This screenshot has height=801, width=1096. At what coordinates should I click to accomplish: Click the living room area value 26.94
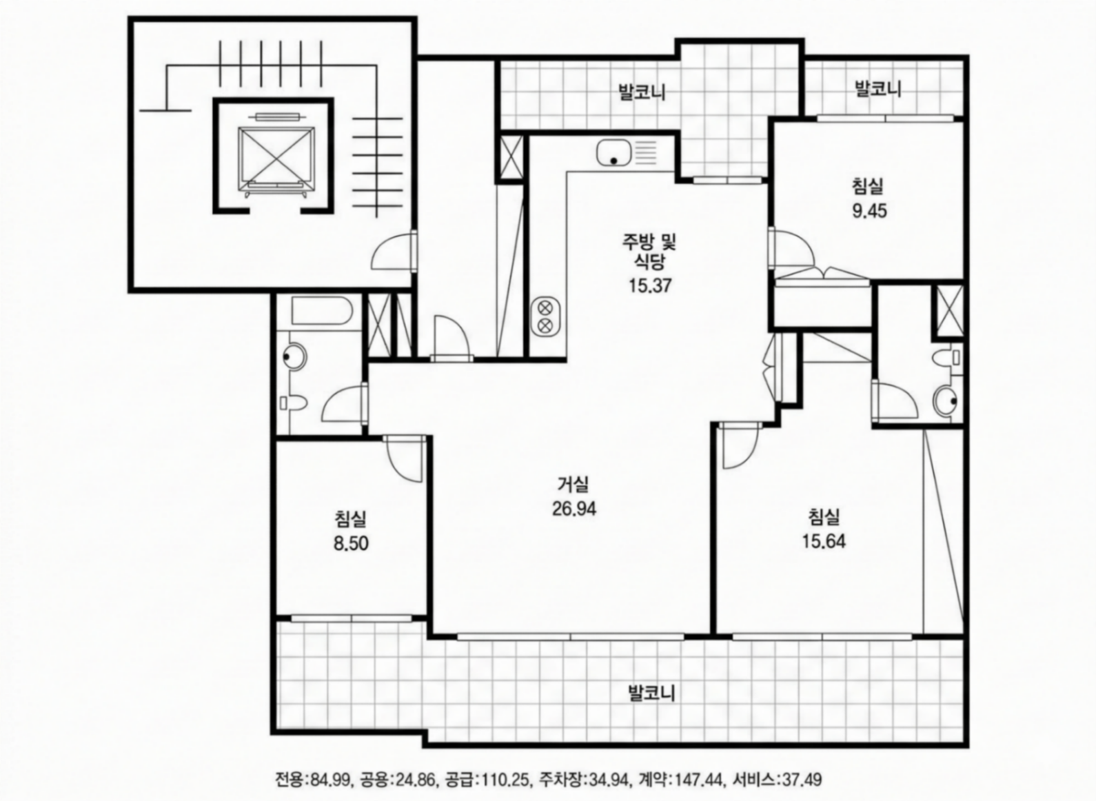[574, 509]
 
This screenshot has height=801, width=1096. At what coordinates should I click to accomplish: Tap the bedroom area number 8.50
[351, 544]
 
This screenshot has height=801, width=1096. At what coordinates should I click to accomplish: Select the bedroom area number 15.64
[824, 541]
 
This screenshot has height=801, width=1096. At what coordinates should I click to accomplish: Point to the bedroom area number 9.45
[869, 211]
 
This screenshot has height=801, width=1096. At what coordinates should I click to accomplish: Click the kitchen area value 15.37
[650, 285]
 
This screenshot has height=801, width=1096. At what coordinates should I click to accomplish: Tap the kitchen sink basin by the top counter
[613, 152]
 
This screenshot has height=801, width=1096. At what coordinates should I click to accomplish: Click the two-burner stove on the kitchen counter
[545, 316]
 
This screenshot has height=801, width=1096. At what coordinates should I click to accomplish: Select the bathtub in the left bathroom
[321, 311]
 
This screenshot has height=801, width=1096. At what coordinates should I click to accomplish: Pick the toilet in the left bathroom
[294, 403]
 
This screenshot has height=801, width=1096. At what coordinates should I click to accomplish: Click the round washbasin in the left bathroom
[295, 356]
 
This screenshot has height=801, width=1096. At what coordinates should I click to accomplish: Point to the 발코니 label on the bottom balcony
[651, 693]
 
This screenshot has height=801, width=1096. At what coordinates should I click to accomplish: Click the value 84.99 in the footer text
[332, 778]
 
